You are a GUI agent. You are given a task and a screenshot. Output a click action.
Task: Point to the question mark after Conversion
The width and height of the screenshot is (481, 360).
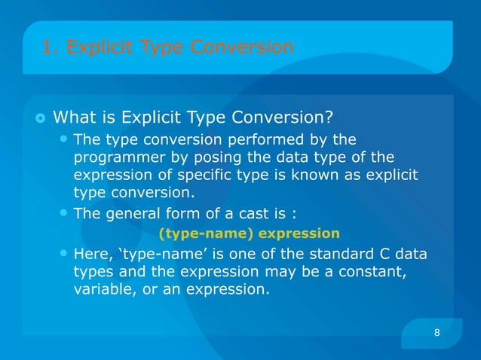(x=329, y=117)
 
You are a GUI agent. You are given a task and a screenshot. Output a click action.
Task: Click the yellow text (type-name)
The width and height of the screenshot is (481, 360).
(x=195, y=232)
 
